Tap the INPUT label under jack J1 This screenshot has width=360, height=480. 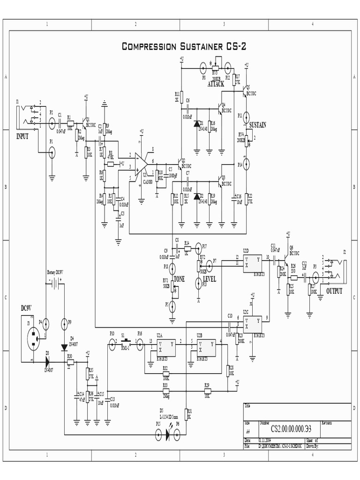point(22,136)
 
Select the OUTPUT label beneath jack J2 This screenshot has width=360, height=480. point(334,291)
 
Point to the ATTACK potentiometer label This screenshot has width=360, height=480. point(216,84)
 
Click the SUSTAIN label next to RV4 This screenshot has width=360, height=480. point(257,125)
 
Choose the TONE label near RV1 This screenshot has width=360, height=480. point(179,279)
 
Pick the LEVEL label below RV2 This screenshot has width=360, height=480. point(209,279)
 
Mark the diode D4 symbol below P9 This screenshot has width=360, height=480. point(64,347)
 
